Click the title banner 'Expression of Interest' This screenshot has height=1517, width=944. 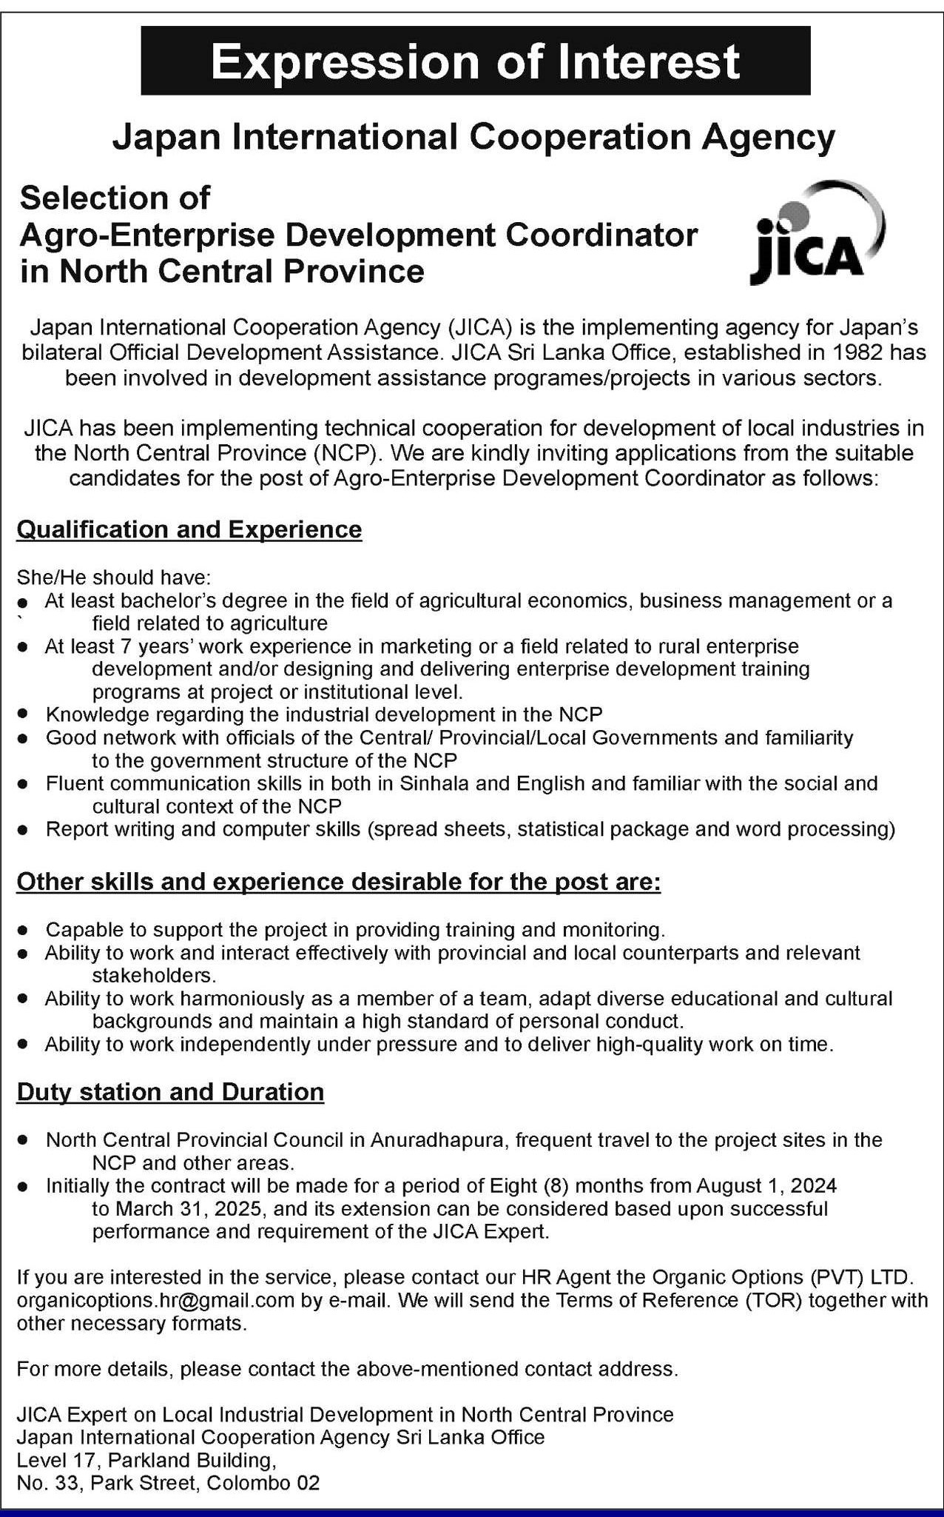point(475,61)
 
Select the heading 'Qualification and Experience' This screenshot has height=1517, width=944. point(189,529)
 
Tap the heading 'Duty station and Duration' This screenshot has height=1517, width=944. point(170,1092)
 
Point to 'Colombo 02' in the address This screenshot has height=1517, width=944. point(264,1484)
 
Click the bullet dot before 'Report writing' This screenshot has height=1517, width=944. point(24,830)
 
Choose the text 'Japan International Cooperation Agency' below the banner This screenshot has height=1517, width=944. point(473,137)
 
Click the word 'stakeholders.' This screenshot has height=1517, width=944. point(154,975)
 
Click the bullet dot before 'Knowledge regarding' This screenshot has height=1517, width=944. point(24,715)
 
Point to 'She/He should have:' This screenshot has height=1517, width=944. point(114,577)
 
